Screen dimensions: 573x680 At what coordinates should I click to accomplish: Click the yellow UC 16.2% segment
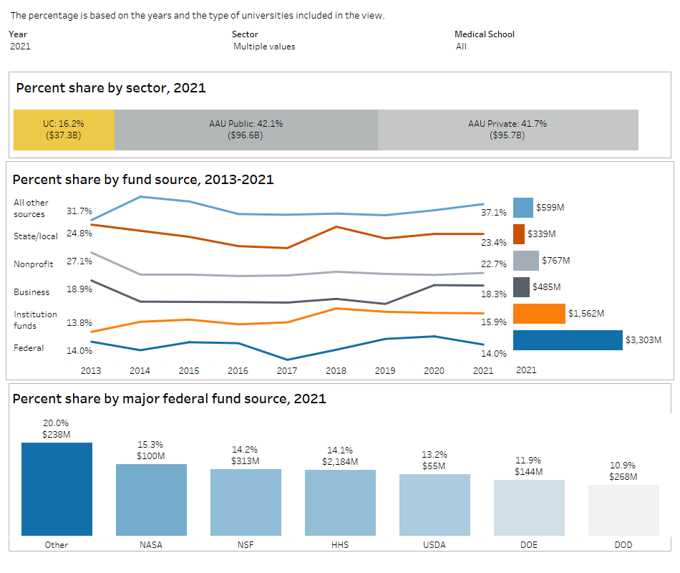64,130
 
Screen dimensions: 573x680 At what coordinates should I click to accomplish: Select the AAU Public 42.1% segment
246,130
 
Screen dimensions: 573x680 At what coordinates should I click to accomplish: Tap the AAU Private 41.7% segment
507,130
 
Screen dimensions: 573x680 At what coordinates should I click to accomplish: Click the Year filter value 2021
21,47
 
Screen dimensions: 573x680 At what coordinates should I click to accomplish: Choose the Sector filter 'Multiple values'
264,47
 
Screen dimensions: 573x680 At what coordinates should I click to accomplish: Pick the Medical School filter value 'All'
461,47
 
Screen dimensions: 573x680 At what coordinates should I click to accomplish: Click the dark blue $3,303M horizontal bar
568,340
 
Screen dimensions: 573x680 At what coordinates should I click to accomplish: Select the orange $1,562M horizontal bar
539,314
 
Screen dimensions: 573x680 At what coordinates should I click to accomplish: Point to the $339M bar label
542,234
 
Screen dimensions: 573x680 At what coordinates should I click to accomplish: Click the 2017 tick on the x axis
287,370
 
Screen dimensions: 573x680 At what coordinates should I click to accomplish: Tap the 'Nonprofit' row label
34,264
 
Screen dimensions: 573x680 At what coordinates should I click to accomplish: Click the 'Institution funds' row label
35,319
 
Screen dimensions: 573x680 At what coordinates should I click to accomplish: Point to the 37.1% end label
494,213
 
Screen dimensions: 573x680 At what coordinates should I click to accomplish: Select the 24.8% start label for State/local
79,233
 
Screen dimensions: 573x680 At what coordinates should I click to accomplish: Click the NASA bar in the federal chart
151,500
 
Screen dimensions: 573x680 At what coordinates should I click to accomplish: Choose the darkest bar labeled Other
57,489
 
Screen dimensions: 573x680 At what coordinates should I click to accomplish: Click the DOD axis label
623,545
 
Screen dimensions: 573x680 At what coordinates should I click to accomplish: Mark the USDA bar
434,505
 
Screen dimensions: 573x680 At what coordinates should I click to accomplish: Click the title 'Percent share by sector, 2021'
111,88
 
